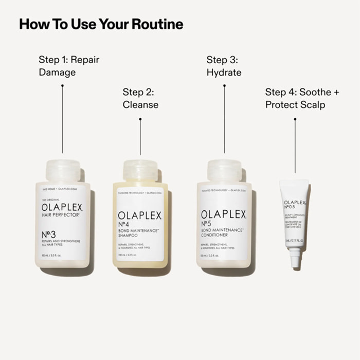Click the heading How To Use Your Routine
coord(101,24)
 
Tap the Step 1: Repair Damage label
coord(69,66)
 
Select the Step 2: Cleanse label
coord(140,98)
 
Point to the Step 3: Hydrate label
coord(224,66)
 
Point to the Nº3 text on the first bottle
coord(50,234)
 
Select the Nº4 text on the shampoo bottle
coord(125,224)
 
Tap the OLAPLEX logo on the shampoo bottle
coord(140,215)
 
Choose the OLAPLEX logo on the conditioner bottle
coord(224,214)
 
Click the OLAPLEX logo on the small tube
coord(295,203)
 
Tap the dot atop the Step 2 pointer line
coord(140,119)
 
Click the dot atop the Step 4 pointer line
coord(295,119)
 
